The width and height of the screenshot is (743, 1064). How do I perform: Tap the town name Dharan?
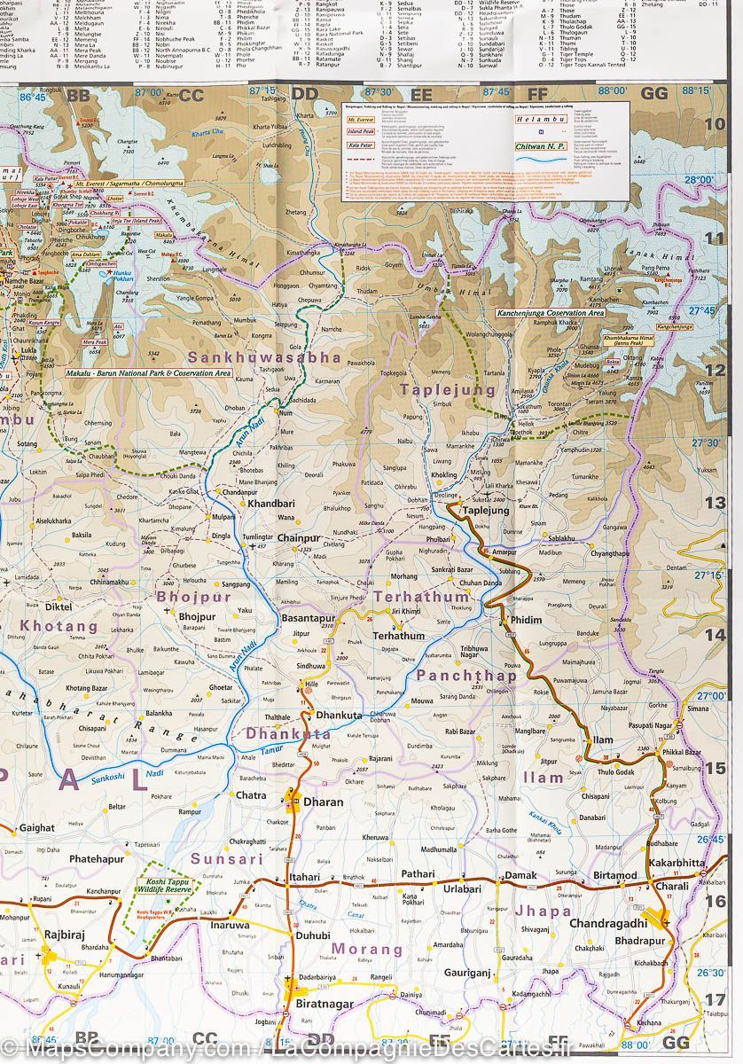(x=323, y=802)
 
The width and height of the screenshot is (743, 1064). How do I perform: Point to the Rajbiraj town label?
(x=61, y=936)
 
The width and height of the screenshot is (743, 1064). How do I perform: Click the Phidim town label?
(x=525, y=620)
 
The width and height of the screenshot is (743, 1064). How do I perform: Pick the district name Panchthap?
(x=466, y=675)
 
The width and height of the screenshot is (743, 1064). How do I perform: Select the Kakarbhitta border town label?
(x=677, y=862)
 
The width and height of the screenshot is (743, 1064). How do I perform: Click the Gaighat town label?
(x=36, y=827)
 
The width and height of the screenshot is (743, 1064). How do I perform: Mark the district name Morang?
(x=367, y=949)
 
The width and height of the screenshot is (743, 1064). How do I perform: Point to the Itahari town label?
(x=305, y=876)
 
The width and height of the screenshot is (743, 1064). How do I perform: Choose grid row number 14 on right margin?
(x=715, y=635)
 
